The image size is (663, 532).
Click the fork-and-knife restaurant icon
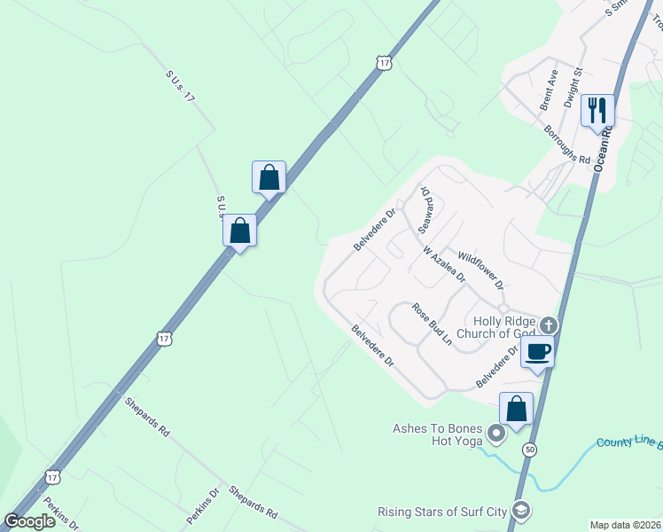click(597, 110)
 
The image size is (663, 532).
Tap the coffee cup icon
click(537, 351)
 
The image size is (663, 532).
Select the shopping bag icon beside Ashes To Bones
click(516, 409)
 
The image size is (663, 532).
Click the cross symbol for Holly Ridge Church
click(549, 325)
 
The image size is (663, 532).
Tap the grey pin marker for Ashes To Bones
click(496, 434)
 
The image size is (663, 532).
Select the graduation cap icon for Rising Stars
click(523, 510)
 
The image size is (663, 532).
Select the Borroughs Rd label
click(567, 145)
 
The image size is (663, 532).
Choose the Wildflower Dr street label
click(480, 270)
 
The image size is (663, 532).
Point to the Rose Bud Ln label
click(432, 324)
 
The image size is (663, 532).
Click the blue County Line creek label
click(629, 442)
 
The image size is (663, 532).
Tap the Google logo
click(29, 521)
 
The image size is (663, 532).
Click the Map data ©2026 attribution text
click(624, 525)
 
